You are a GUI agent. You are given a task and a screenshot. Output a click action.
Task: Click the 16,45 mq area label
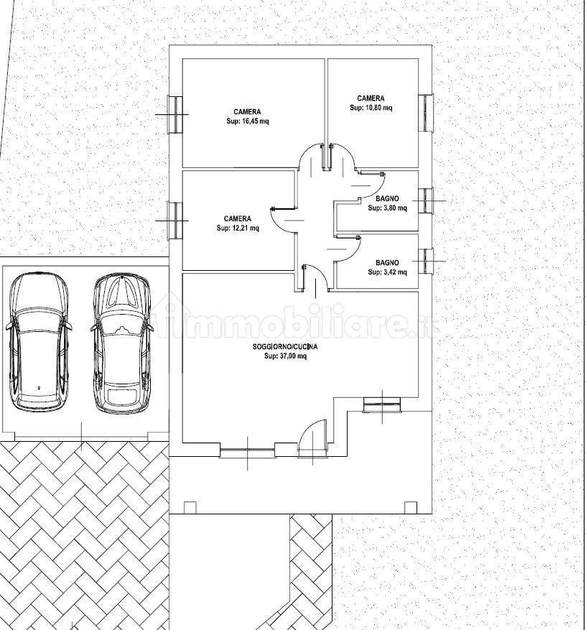[x=248, y=121]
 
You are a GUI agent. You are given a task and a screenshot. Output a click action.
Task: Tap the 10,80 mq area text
[x=371, y=108]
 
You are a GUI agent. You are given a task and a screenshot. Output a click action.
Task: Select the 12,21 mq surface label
[x=238, y=228]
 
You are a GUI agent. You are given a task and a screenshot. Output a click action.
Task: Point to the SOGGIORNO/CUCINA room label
[x=285, y=347]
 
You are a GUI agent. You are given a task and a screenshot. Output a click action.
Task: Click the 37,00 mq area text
[x=286, y=356]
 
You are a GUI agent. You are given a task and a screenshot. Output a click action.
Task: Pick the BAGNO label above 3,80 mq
[x=388, y=198]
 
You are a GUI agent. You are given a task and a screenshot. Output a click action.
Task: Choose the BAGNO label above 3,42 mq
[x=388, y=263]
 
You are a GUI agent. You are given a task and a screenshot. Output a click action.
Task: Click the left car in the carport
[x=39, y=342]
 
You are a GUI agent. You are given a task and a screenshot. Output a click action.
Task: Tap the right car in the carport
[x=122, y=343]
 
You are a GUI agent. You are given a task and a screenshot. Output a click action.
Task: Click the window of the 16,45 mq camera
[x=175, y=114]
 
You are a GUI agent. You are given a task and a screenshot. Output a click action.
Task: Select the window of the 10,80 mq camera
[x=426, y=113]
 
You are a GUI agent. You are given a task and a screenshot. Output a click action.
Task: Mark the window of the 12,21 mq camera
[x=175, y=221]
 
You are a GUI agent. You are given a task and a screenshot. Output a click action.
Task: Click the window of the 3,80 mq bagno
[x=426, y=200]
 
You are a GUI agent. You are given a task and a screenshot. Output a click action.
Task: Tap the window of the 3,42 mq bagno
[x=426, y=261]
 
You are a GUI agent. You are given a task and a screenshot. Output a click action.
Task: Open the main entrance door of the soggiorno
[x=312, y=440]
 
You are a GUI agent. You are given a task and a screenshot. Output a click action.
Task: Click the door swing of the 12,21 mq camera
[x=282, y=221]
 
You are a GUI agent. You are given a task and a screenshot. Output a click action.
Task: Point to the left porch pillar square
[x=190, y=507]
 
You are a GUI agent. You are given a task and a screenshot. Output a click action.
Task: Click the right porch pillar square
[x=411, y=507]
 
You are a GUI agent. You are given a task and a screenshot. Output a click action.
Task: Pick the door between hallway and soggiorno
[x=316, y=277]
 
